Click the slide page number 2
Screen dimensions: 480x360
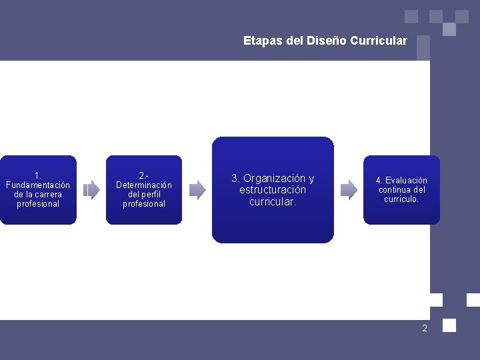tap(424, 328)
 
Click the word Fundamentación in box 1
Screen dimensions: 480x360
tap(38, 185)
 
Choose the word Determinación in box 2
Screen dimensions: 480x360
tap(144, 185)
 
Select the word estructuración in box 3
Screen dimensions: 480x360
tap(273, 190)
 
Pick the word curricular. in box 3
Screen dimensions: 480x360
tap(273, 201)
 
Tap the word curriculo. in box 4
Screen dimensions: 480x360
tap(401, 199)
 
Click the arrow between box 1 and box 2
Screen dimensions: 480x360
tap(91, 191)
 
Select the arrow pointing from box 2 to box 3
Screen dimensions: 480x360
tap(197, 190)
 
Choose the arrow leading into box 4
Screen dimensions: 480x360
tap(349, 190)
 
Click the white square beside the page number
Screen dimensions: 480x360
tap(449, 325)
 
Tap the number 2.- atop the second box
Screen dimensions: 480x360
tap(144, 175)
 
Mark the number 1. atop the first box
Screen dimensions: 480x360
tap(38, 175)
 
